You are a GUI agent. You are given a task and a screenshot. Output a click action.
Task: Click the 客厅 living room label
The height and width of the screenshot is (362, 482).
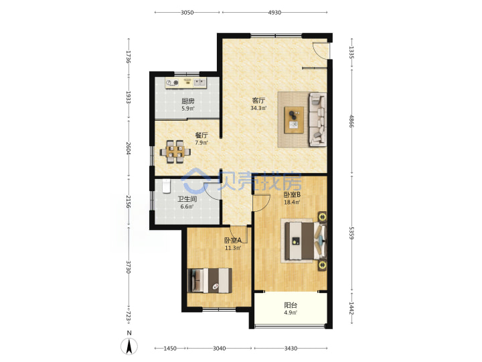(258, 101)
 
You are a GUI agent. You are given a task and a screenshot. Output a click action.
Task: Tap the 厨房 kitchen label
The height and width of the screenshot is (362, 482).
(188, 101)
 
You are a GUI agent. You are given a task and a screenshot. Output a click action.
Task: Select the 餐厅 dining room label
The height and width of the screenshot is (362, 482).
(202, 135)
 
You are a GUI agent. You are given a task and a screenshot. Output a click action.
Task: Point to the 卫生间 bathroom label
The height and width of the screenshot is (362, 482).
(187, 199)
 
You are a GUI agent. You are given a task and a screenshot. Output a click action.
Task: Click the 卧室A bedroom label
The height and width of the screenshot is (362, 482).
(233, 240)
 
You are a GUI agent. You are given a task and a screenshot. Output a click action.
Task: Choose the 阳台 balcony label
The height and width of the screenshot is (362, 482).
(291, 305)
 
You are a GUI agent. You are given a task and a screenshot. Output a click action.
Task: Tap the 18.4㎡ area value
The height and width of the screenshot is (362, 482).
(292, 202)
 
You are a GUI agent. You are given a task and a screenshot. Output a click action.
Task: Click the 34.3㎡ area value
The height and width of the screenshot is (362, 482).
(258, 108)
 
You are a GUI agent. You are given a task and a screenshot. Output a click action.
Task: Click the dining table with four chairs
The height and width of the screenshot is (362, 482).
(175, 152)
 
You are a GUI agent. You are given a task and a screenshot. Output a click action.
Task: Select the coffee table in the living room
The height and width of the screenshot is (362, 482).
(294, 120)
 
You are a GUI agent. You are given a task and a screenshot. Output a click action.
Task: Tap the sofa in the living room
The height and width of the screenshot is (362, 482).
(317, 119)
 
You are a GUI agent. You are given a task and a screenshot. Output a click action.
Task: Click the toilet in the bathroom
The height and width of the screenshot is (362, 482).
(166, 186)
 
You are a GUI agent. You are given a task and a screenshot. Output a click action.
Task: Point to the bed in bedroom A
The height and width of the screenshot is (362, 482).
(211, 280)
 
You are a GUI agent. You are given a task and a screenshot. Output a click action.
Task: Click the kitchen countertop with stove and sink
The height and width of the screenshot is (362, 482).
(185, 83)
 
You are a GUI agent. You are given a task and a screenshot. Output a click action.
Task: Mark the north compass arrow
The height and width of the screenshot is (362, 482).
(129, 346)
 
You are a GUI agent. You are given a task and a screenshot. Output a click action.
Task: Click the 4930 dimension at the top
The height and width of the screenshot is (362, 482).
(274, 12)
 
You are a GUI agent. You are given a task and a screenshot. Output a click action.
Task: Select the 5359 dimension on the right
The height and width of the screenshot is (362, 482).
(351, 233)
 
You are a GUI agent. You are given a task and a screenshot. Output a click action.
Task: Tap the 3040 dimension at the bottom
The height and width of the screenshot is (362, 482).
(219, 348)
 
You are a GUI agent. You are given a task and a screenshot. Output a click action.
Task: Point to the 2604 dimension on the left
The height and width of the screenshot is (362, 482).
(129, 148)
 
